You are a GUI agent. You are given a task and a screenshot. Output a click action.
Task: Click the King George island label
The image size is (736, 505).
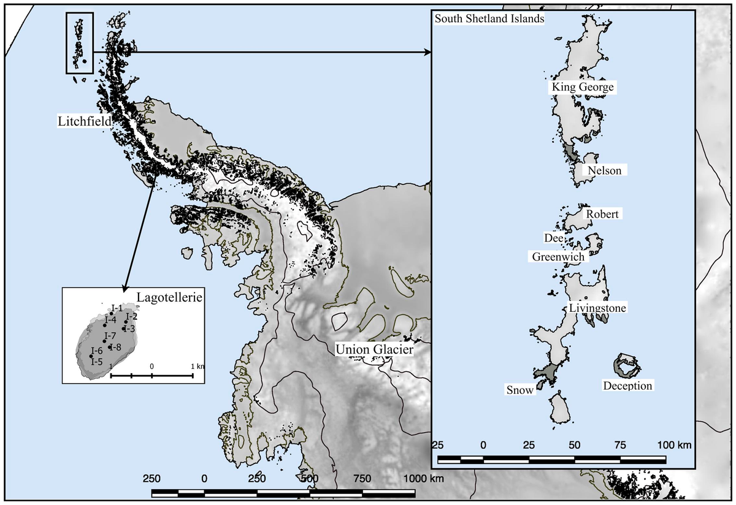[x=582, y=88]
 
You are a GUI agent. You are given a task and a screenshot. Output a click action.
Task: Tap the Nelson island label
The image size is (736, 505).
[x=604, y=170]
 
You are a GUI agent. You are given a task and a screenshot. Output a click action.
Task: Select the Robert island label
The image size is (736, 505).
[x=602, y=215]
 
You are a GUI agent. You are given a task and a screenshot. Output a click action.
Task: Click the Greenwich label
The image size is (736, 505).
[x=558, y=257]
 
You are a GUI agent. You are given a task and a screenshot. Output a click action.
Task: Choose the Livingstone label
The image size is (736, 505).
[x=597, y=308]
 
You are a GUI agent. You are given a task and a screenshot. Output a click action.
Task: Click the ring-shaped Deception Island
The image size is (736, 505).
[x=626, y=365]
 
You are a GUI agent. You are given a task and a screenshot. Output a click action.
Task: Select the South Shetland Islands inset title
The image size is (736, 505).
[x=489, y=18]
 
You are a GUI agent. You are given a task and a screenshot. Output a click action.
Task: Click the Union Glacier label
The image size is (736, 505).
[x=374, y=350]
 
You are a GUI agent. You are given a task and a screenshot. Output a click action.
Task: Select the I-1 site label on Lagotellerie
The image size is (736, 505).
[x=117, y=307]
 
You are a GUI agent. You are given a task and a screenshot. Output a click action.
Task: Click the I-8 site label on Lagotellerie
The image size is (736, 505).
[x=115, y=347]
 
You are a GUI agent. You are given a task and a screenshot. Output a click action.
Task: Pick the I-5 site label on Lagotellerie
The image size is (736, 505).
[x=97, y=362]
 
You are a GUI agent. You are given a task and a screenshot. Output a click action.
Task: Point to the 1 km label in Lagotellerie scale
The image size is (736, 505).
[x=197, y=366]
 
